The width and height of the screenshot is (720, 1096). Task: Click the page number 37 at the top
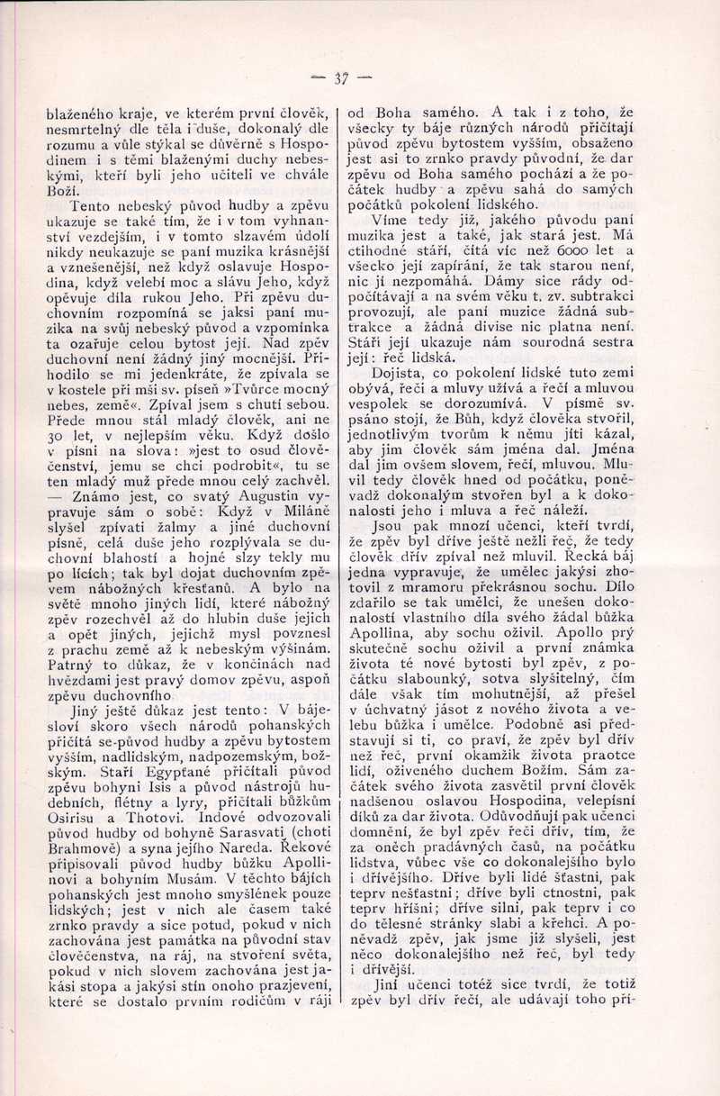341,77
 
